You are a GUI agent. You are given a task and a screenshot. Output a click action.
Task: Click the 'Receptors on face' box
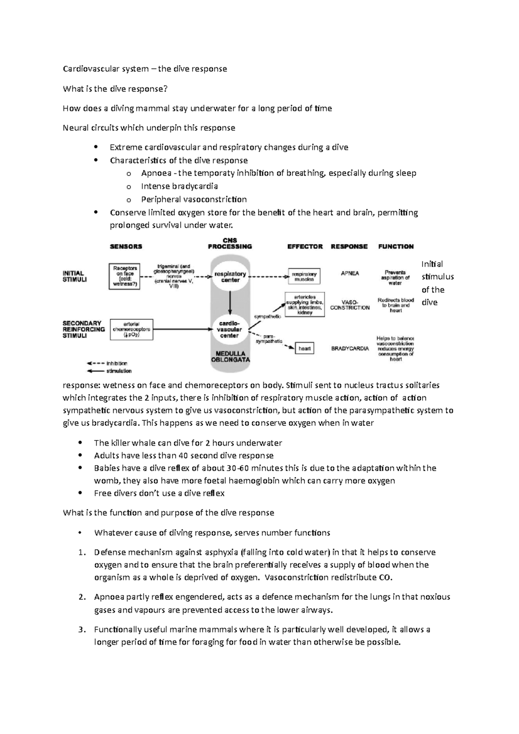(124, 276)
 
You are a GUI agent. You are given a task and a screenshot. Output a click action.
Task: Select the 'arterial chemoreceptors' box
(131, 329)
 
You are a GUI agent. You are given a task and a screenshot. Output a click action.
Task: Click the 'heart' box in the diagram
(304, 348)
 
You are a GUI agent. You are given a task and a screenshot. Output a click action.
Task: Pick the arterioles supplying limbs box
(304, 305)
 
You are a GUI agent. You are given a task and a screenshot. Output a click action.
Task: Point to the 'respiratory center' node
(230, 277)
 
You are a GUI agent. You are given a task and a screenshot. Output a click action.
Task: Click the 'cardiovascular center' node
(229, 329)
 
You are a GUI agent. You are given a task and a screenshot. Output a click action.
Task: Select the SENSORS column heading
(126, 246)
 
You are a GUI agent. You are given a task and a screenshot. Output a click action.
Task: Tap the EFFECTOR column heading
(305, 246)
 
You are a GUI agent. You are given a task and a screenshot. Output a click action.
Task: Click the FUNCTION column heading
(396, 246)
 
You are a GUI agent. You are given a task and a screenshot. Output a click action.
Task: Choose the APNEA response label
(349, 273)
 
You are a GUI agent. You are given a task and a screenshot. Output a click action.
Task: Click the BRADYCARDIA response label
(350, 348)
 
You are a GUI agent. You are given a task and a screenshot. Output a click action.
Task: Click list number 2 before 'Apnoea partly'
(82, 597)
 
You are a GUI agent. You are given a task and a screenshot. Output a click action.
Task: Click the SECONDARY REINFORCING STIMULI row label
(83, 329)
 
